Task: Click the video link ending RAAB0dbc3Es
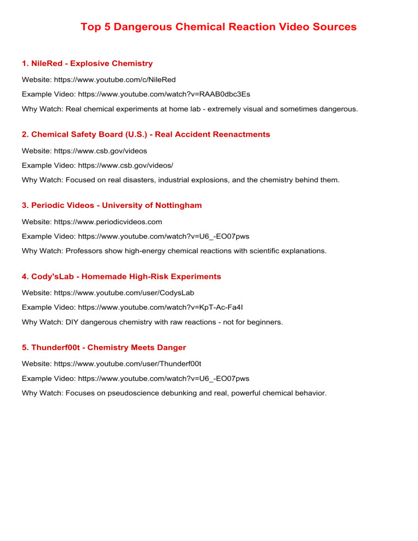[164, 94]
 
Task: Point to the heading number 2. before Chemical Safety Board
[26, 134]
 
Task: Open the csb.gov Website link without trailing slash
[105, 150]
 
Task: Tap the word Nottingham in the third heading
[176, 205]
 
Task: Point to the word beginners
[264, 322]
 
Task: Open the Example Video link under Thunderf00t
[164, 378]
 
